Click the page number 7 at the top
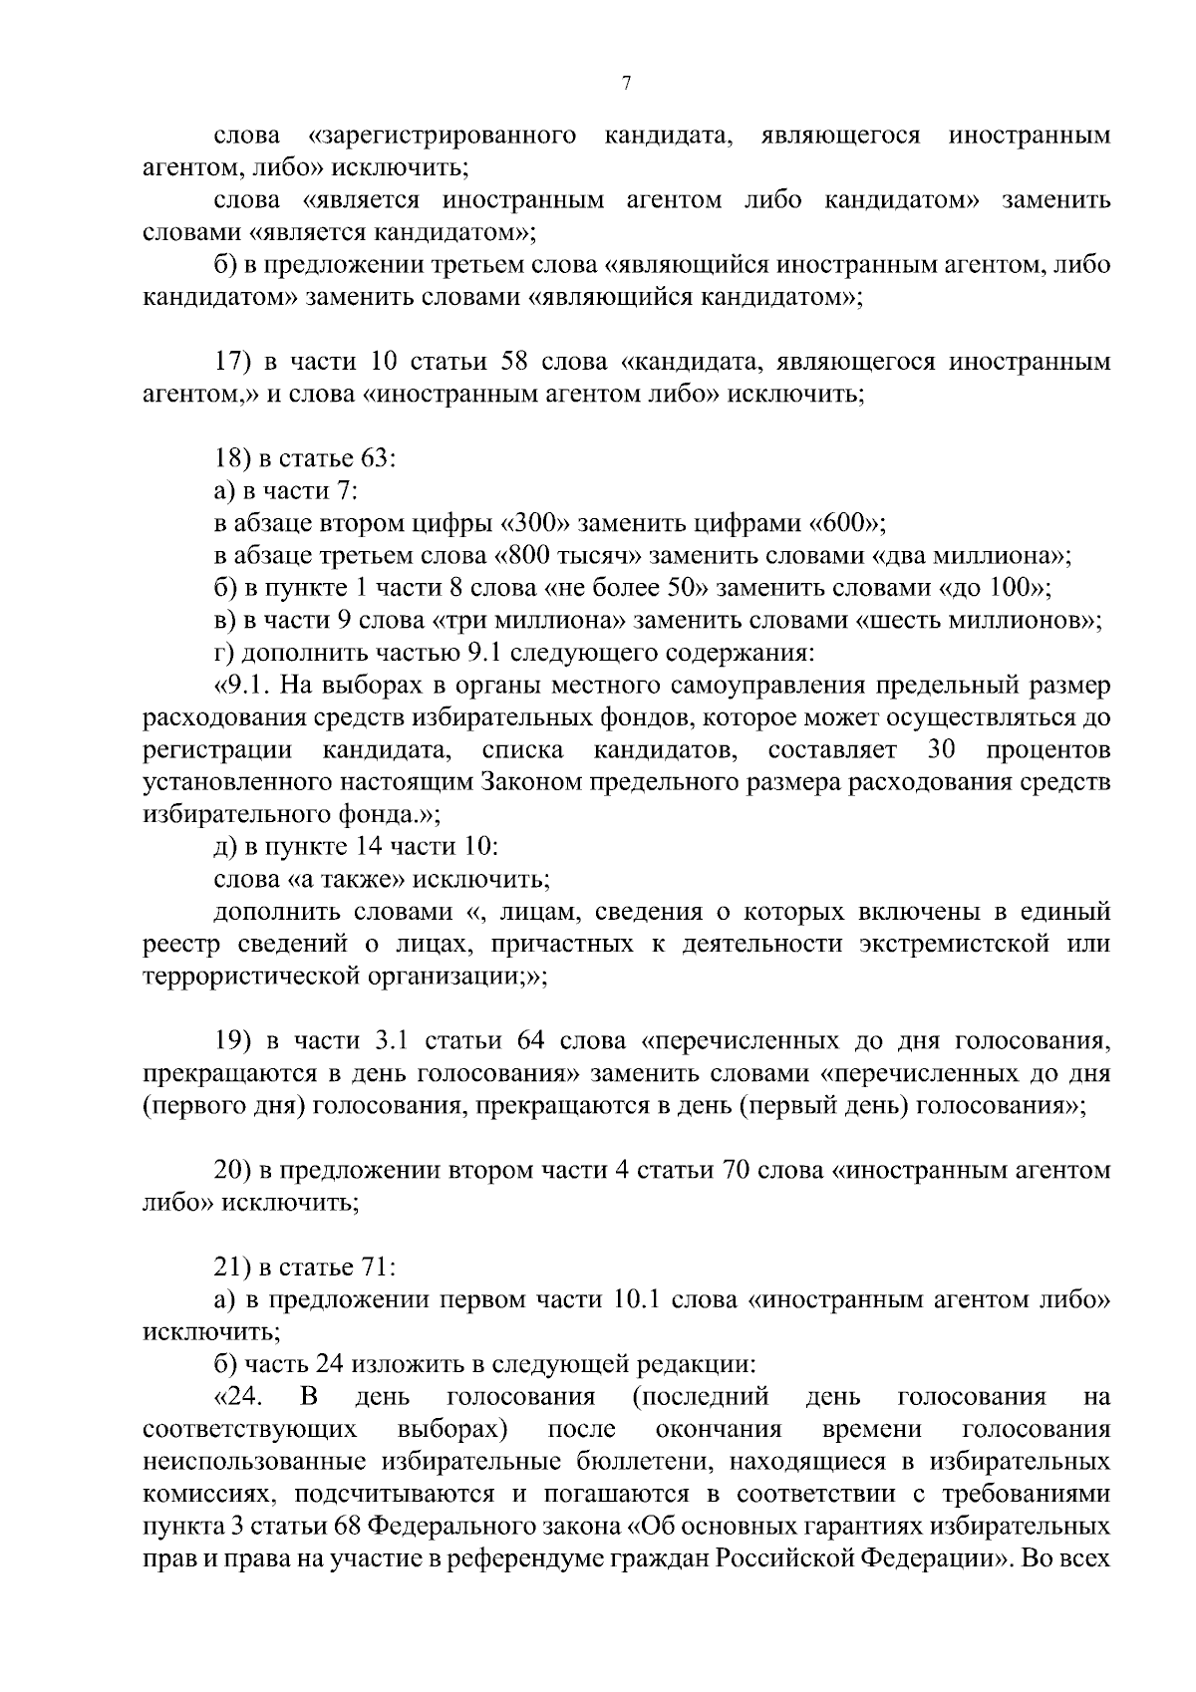click(x=626, y=84)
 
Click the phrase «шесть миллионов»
click(x=975, y=621)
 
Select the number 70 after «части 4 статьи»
click(x=732, y=1171)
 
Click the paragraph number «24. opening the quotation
click(x=238, y=1398)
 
